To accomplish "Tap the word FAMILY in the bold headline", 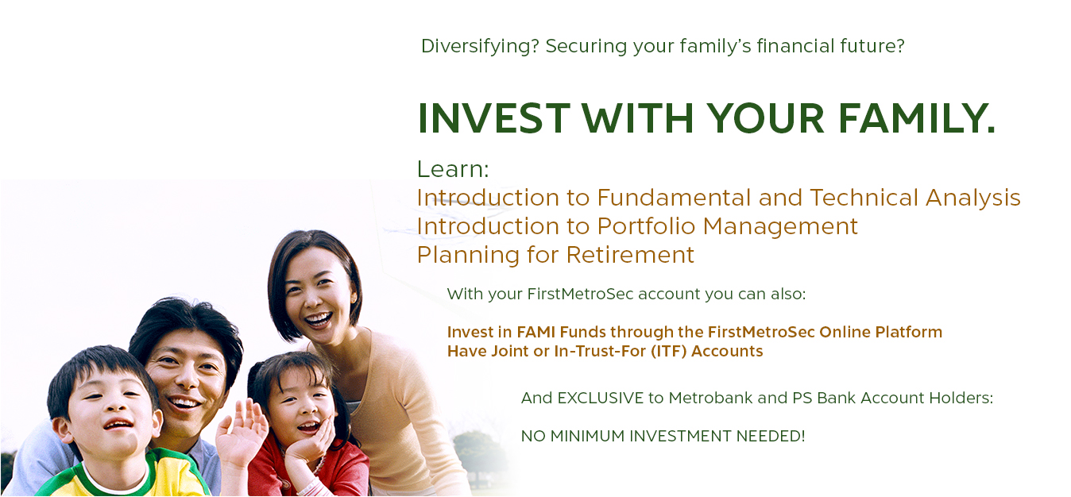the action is (917, 118).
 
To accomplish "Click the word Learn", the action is (453, 169).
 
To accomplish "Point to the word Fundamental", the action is (675, 198).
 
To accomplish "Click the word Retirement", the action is (630, 254).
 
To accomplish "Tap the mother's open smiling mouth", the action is (318, 319).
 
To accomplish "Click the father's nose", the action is (187, 379).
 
